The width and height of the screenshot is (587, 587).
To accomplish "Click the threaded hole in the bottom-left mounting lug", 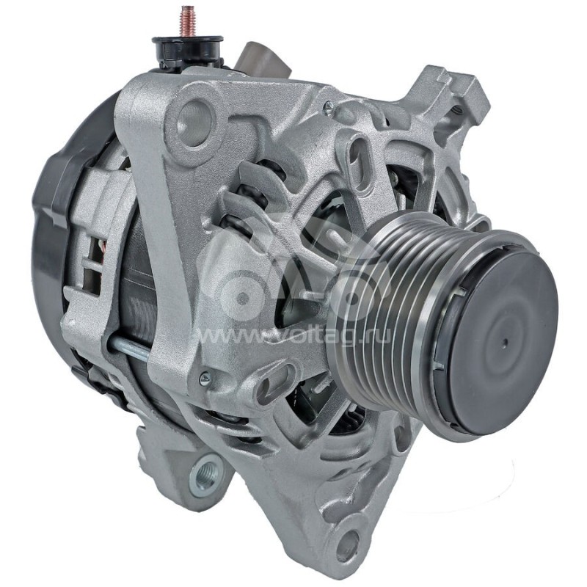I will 205,467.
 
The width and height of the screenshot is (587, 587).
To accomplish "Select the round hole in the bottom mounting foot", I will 347,544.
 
